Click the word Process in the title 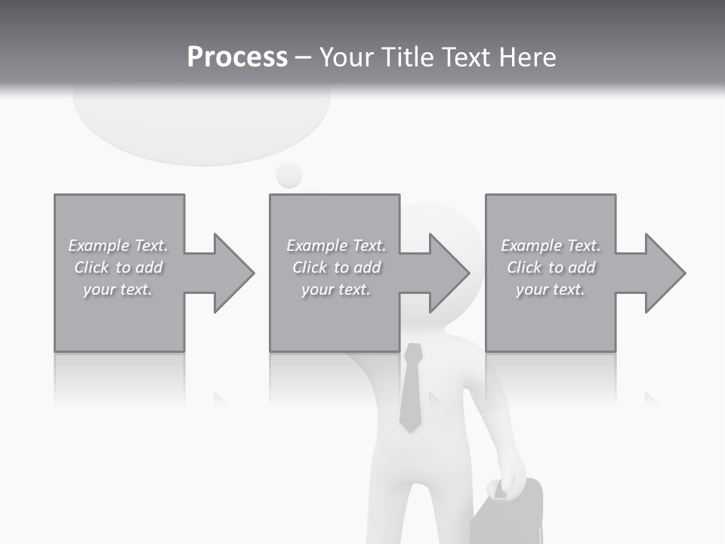[x=237, y=57]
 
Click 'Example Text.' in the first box [x=119, y=246]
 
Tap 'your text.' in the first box [x=118, y=289]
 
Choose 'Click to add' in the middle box [x=336, y=267]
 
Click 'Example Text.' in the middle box [x=336, y=246]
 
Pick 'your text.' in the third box [x=551, y=289]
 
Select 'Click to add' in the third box [x=551, y=267]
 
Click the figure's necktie [x=411, y=389]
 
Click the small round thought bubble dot [x=288, y=175]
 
